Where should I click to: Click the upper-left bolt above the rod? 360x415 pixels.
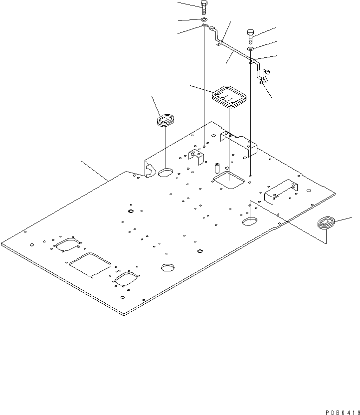tap(204, 7)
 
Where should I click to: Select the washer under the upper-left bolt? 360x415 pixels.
tap(204, 19)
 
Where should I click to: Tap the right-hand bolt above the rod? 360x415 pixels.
tap(251, 36)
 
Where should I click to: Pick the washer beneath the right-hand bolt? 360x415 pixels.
tap(251, 49)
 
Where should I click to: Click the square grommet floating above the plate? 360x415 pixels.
tap(229, 96)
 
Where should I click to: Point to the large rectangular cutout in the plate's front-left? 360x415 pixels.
tap(90, 264)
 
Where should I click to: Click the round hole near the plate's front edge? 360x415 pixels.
tap(167, 267)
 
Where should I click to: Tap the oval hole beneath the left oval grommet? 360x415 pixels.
tap(165, 173)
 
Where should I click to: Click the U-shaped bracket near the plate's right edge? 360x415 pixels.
tap(281, 190)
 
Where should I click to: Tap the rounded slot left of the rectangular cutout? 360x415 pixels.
tap(68, 244)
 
